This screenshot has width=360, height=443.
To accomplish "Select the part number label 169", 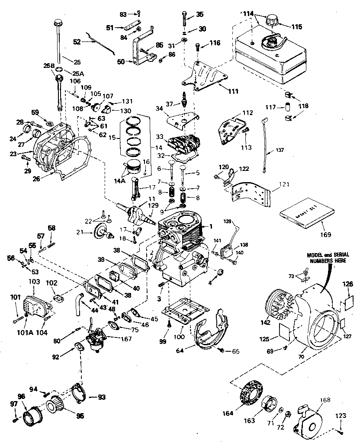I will click(x=325, y=235).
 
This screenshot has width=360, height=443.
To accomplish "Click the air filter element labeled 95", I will click(x=57, y=404).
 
